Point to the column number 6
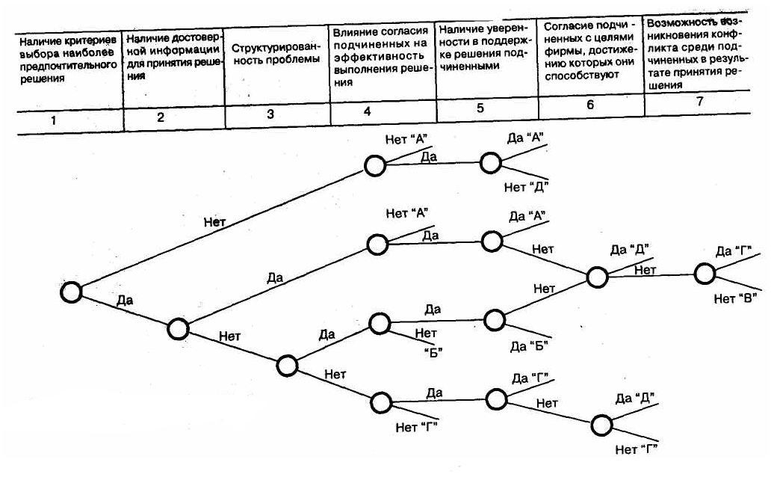click(589, 105)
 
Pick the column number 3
click(270, 114)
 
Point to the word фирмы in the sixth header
click(560, 52)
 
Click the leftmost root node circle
click(71, 292)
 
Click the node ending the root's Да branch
click(178, 328)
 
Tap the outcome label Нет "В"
click(736, 298)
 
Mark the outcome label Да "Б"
click(529, 345)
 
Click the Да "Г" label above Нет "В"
click(732, 251)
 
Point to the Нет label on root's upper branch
click(215, 221)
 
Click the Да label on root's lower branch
click(125, 301)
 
